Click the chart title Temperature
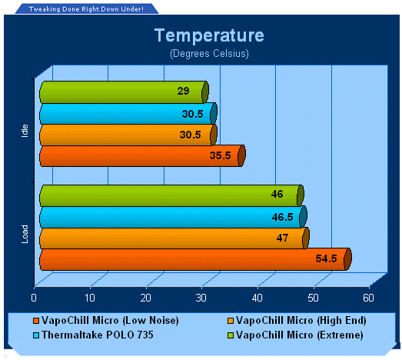click(209, 35)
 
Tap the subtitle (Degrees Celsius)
click(209, 54)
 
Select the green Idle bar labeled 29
click(124, 92)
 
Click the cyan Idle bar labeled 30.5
click(128, 114)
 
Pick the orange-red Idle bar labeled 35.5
click(142, 155)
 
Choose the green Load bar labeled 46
click(171, 195)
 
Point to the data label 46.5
click(282, 217)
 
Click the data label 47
click(282, 238)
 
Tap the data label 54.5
click(326, 258)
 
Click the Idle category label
click(25, 131)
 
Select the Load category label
click(25, 234)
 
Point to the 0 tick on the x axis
click(34, 298)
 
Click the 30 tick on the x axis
click(201, 298)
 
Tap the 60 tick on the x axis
click(368, 298)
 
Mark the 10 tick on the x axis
click(90, 298)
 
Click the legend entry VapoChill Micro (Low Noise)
click(106, 321)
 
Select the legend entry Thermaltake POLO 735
click(93, 335)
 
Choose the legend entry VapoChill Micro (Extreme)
click(295, 335)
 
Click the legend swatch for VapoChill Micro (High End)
click(231, 321)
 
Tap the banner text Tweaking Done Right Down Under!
click(86, 9)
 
